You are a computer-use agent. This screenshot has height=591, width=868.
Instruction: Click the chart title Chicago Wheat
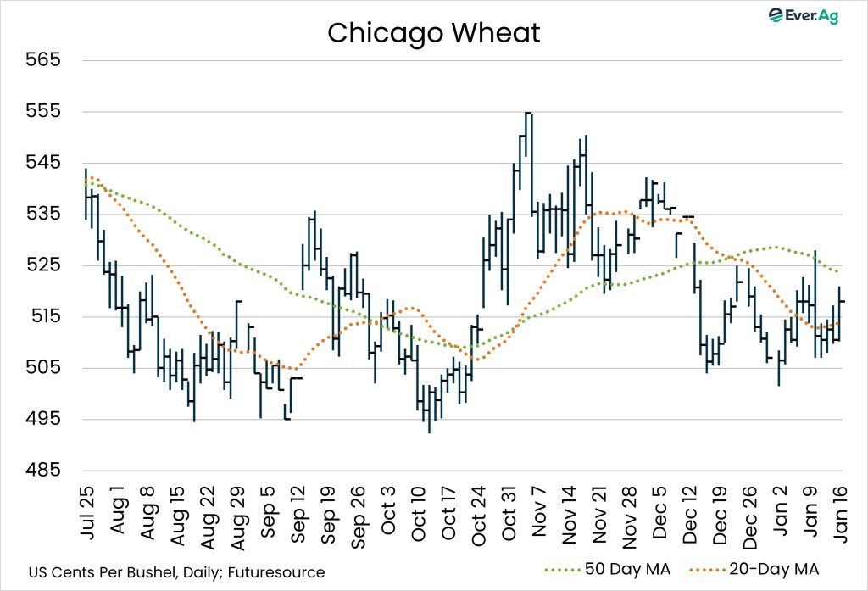point(433,33)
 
